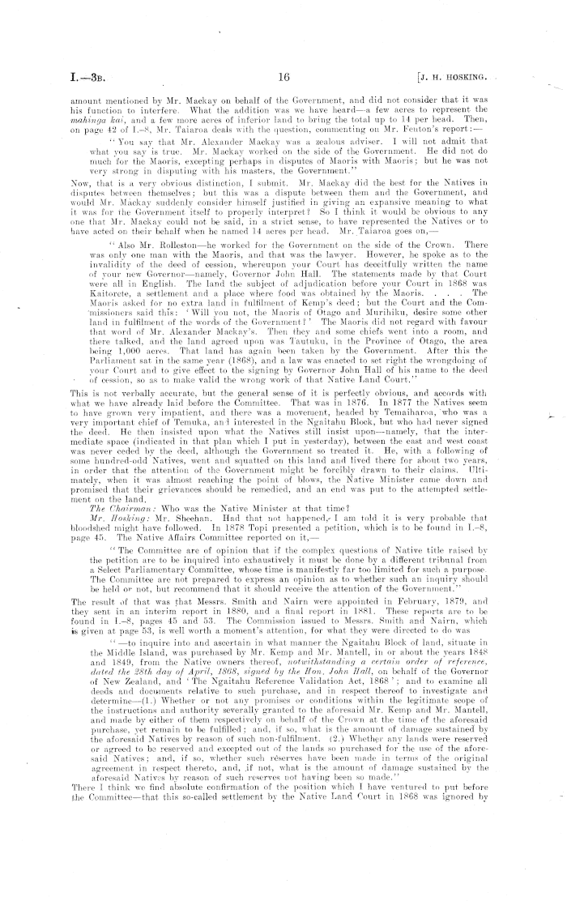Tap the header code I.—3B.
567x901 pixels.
click(69, 78)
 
